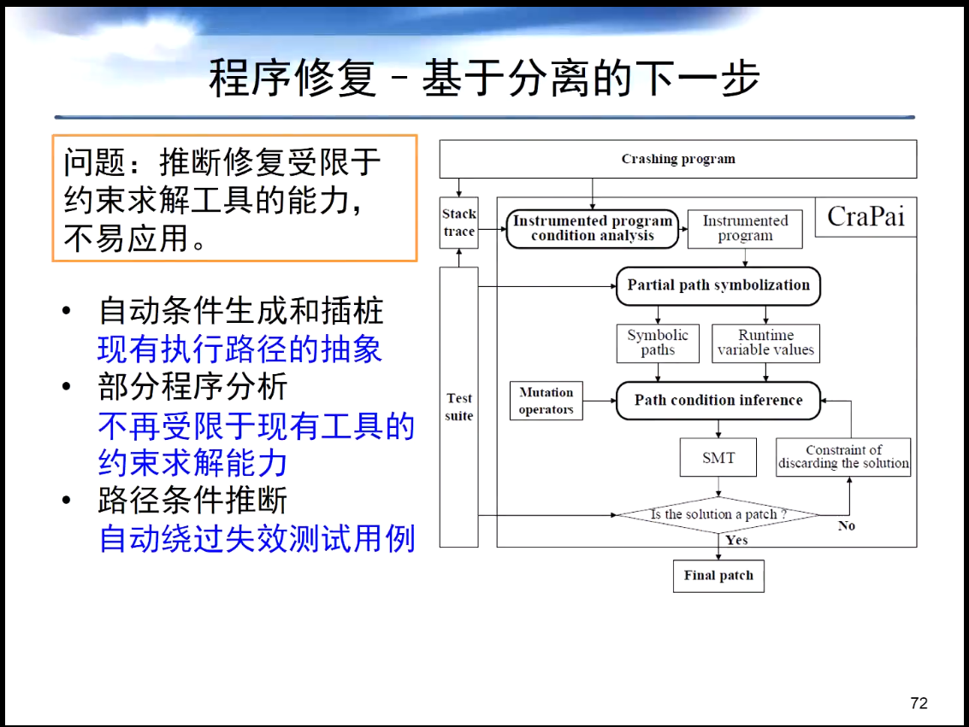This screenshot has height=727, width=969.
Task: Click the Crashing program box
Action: pyautogui.click(x=677, y=159)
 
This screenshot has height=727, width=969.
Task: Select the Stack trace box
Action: pyautogui.click(x=458, y=223)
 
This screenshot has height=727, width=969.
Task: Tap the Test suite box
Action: pyautogui.click(x=458, y=407)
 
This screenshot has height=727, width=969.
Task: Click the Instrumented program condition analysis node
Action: pyautogui.click(x=592, y=228)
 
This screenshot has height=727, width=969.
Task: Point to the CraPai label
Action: pyautogui.click(x=866, y=216)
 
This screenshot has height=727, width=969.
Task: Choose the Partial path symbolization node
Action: pyautogui.click(x=718, y=285)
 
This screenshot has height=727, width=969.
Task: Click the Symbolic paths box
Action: pyautogui.click(x=657, y=343)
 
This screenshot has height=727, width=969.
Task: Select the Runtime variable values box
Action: pyautogui.click(x=765, y=343)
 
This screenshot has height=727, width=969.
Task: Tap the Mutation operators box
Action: pyautogui.click(x=546, y=401)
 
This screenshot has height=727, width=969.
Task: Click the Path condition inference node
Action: pyautogui.click(x=718, y=400)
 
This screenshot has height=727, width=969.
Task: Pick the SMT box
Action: pyautogui.click(x=718, y=457)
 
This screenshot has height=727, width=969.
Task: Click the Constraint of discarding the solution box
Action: pyautogui.click(x=843, y=457)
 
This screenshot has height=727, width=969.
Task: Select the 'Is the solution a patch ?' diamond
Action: pyautogui.click(x=718, y=514)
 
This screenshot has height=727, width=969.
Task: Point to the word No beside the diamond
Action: pyautogui.click(x=846, y=525)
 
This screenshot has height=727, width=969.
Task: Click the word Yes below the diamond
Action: pyautogui.click(x=736, y=540)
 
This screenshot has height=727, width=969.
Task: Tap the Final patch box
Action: pyautogui.click(x=718, y=575)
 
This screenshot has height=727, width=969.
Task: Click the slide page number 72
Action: pyautogui.click(x=919, y=703)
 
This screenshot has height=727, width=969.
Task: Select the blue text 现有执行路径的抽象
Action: pyautogui.click(x=239, y=349)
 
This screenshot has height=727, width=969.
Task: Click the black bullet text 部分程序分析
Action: pyautogui.click(x=193, y=387)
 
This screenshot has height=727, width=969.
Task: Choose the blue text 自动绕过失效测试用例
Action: pyautogui.click(x=257, y=538)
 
